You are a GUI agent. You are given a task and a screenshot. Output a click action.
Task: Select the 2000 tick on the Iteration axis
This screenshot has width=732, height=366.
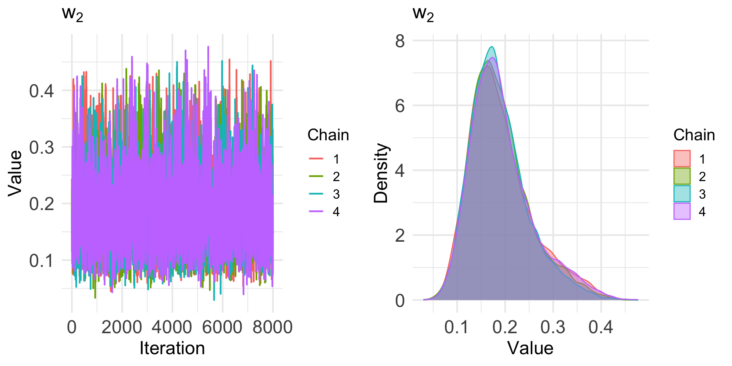tap(122, 327)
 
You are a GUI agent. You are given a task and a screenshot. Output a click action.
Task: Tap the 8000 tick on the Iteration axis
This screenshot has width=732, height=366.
tap(273, 327)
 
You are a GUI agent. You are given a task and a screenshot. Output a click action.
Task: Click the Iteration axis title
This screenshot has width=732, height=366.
tap(172, 348)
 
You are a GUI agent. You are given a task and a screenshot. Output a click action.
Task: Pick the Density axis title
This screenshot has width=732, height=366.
tap(381, 173)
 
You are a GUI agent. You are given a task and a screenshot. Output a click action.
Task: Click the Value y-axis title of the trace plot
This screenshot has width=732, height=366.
tap(15, 173)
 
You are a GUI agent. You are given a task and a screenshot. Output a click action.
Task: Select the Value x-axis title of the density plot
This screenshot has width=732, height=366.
tap(530, 348)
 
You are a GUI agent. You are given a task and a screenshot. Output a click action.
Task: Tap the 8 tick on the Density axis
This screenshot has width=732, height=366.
tap(400, 41)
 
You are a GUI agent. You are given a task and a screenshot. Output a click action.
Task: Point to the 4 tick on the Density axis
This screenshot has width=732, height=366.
tap(400, 171)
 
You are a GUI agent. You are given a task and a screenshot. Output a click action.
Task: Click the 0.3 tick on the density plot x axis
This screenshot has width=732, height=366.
tap(553, 327)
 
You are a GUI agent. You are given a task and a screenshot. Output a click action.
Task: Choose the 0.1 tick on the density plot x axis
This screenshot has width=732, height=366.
tap(457, 327)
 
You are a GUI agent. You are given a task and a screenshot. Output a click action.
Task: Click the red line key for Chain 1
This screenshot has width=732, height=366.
tap(316, 159)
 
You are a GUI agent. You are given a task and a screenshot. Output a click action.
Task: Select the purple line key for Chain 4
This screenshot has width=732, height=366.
tap(316, 211)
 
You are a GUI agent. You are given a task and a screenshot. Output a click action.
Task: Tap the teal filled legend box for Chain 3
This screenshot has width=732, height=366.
tap(682, 194)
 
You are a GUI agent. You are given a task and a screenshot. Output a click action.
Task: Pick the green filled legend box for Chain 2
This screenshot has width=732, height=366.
tap(682, 176)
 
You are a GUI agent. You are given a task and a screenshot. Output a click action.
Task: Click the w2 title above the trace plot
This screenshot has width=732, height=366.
tap(72, 14)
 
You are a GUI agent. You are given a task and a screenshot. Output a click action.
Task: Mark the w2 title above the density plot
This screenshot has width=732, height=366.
tap(423, 14)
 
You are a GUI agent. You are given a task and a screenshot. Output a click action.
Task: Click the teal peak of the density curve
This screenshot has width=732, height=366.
tap(492, 47)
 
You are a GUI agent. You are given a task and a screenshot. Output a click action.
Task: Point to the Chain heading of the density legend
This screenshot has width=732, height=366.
tap(694, 135)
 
